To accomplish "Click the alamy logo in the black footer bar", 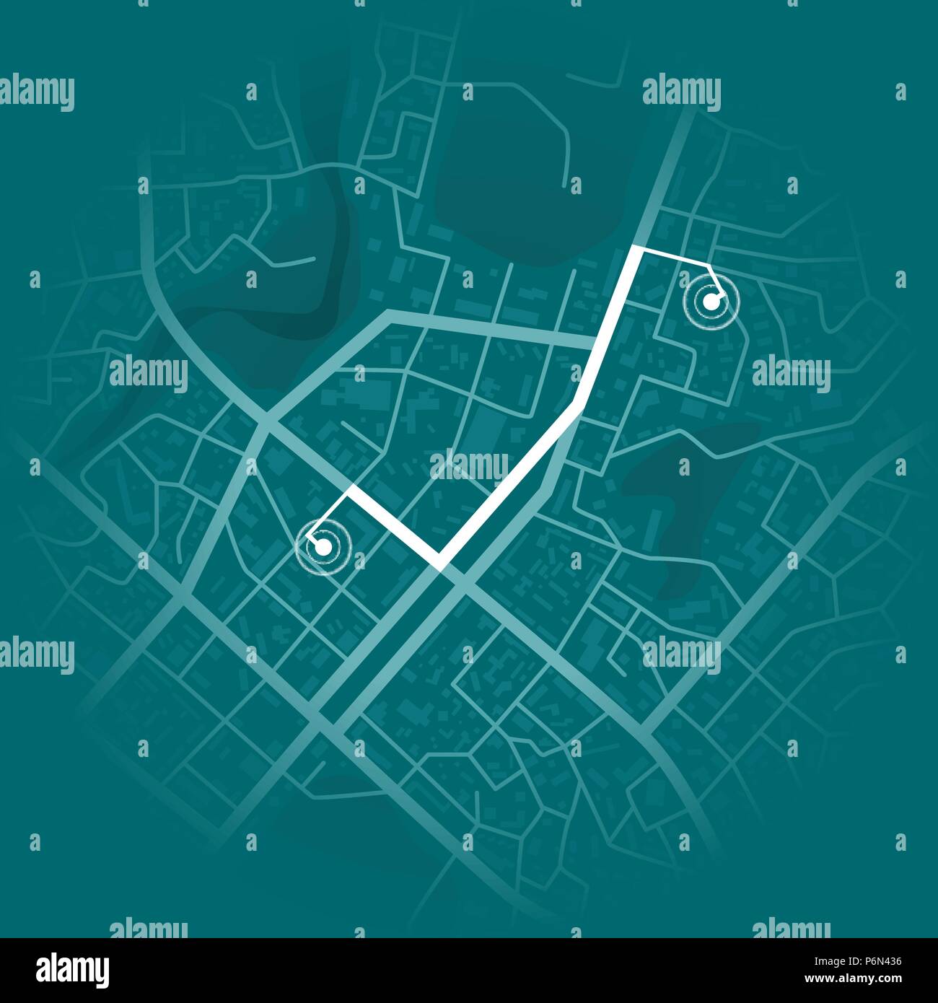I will pyautogui.click(x=73, y=969).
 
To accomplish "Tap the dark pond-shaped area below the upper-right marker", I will pyautogui.click(x=685, y=498).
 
